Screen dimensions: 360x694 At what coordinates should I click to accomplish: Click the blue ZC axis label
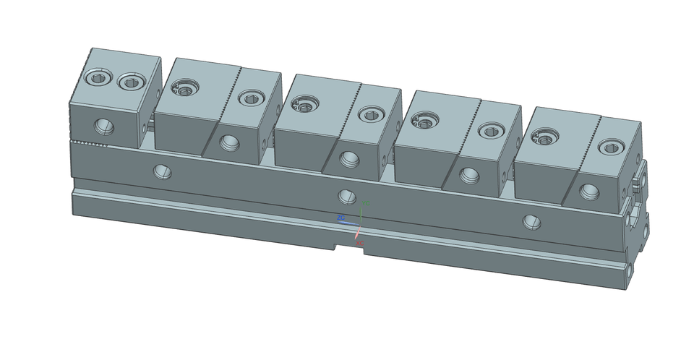[x=340, y=217]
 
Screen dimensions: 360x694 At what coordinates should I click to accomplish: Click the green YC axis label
[x=367, y=203]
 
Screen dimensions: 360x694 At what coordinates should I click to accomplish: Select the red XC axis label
[x=360, y=244]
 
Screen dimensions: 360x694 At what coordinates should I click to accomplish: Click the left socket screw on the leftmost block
[x=96, y=77]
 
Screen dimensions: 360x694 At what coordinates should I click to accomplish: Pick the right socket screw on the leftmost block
[x=131, y=82]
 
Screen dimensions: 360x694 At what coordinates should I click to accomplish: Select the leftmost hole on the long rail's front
[x=162, y=171]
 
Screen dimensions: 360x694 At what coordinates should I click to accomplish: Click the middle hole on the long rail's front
[x=347, y=196]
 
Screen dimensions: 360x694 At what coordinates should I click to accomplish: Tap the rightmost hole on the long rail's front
[x=532, y=220]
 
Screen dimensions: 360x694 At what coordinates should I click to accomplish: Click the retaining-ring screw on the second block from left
[x=184, y=89]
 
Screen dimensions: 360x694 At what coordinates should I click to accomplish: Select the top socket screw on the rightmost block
[x=611, y=147]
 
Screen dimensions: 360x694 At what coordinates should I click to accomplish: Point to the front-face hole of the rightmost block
[x=590, y=191]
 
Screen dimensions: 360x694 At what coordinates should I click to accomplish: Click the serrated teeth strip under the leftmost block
[x=90, y=145]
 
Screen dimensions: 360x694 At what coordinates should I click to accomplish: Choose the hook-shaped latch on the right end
[x=639, y=181]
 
